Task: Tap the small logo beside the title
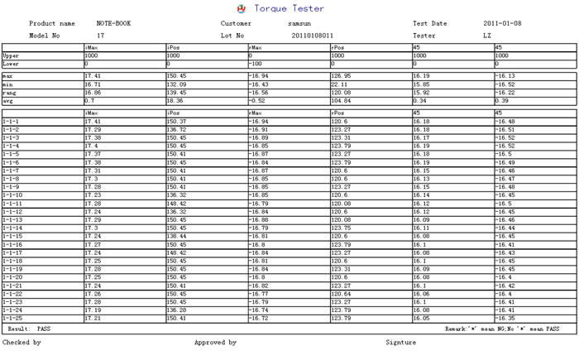[242, 8]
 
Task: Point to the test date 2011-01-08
[503, 24]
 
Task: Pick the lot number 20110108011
[313, 36]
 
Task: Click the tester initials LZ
[487, 36]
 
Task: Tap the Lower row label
[11, 63]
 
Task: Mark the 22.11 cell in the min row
[338, 84]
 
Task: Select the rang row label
[9, 92]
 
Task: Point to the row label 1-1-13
[12, 219]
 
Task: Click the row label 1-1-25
[12, 318]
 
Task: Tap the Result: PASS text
[34, 329]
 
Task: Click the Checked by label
[22, 342]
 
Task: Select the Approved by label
[215, 342]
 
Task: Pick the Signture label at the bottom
[401, 342]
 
